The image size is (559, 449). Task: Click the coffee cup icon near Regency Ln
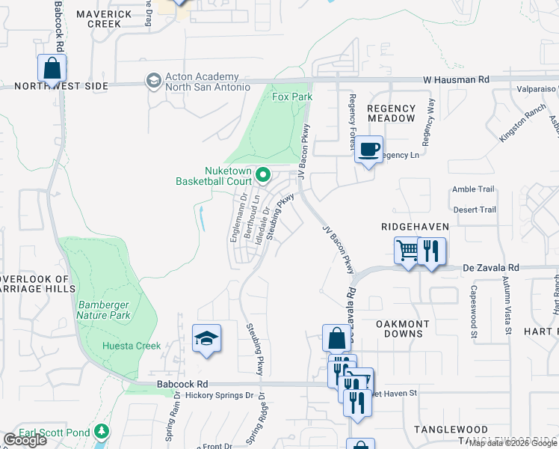368,149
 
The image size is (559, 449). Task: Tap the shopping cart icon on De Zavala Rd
407,251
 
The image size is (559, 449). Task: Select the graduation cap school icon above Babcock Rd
206,338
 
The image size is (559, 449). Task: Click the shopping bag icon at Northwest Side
52,68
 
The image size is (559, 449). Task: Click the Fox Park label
291,97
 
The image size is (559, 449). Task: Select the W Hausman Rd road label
456,79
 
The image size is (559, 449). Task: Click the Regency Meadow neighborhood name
392,113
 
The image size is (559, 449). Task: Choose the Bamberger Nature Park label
104,310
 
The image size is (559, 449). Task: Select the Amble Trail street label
474,190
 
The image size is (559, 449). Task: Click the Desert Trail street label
474,210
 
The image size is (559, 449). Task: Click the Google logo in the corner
25,440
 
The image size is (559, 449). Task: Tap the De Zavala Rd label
491,267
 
